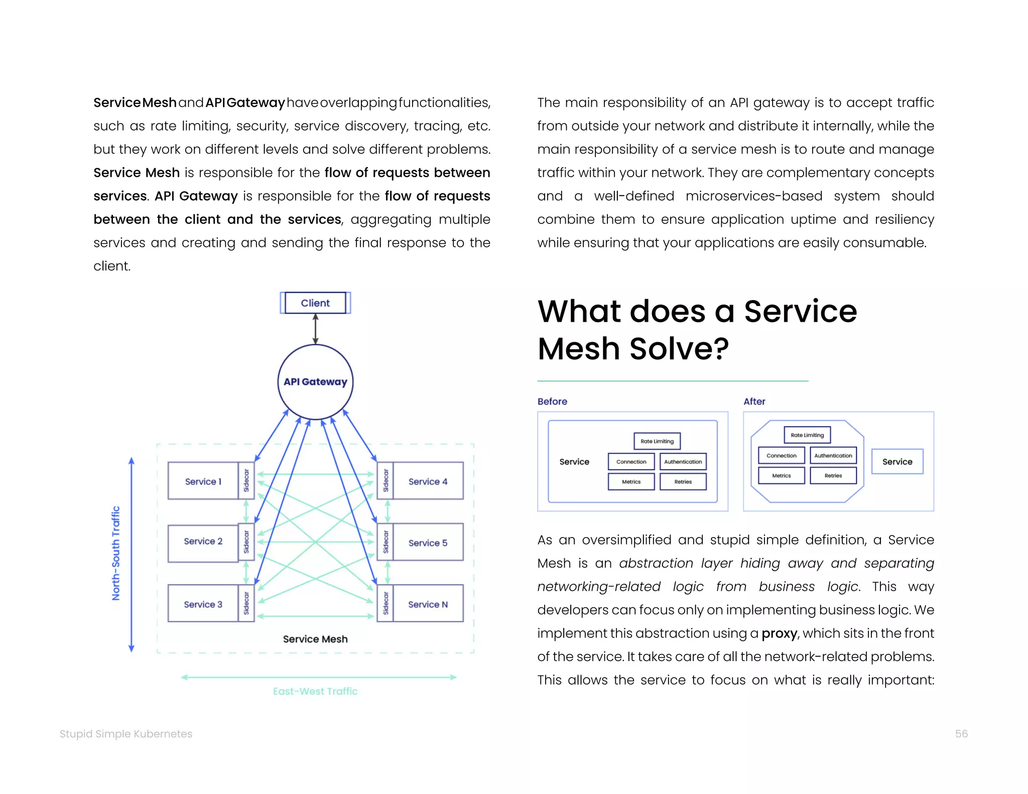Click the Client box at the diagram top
(315, 303)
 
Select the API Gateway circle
(315, 382)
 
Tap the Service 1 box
(203, 481)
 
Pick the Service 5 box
(428, 543)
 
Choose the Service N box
(428, 604)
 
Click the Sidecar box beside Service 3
(246, 603)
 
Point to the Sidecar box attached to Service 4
(385, 481)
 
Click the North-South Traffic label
(116, 553)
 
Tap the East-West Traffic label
(315, 691)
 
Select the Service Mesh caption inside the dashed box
(315, 639)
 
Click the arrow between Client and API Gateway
(315, 329)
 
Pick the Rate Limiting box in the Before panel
(657, 441)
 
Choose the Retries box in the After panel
(833, 475)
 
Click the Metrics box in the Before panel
(631, 481)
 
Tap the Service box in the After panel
(897, 462)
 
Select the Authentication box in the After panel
(833, 455)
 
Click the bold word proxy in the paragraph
(779, 634)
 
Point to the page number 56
(961, 734)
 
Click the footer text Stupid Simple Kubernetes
(126, 734)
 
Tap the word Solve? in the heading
(679, 349)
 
